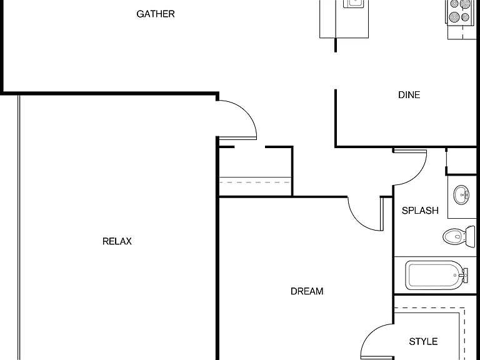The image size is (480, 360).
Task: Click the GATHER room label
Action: click(156, 14)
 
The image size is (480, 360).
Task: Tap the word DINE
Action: click(409, 95)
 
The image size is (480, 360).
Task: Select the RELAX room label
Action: click(117, 241)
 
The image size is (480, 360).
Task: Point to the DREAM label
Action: click(307, 291)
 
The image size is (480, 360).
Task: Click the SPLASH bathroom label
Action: click(420, 211)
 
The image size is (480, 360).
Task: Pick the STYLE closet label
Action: click(423, 342)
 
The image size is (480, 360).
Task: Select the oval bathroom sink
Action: click(461, 195)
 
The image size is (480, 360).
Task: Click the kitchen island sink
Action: click(354, 4)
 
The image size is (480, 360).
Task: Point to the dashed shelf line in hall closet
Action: click(255, 182)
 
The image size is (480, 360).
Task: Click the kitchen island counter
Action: click(344, 19)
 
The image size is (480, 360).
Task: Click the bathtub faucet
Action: click(464, 275)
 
